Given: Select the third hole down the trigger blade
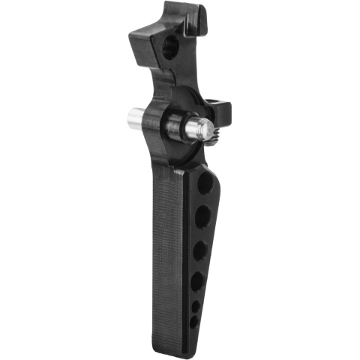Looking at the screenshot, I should (200, 250).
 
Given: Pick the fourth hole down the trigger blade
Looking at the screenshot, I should (198, 281).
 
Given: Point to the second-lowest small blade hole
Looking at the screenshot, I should (196, 307).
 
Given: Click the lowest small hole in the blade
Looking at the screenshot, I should (194, 321).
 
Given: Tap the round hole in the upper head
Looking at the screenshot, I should (171, 46).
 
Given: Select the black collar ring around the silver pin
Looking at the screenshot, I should (171, 124).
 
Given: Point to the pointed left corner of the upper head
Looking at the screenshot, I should (131, 34).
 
